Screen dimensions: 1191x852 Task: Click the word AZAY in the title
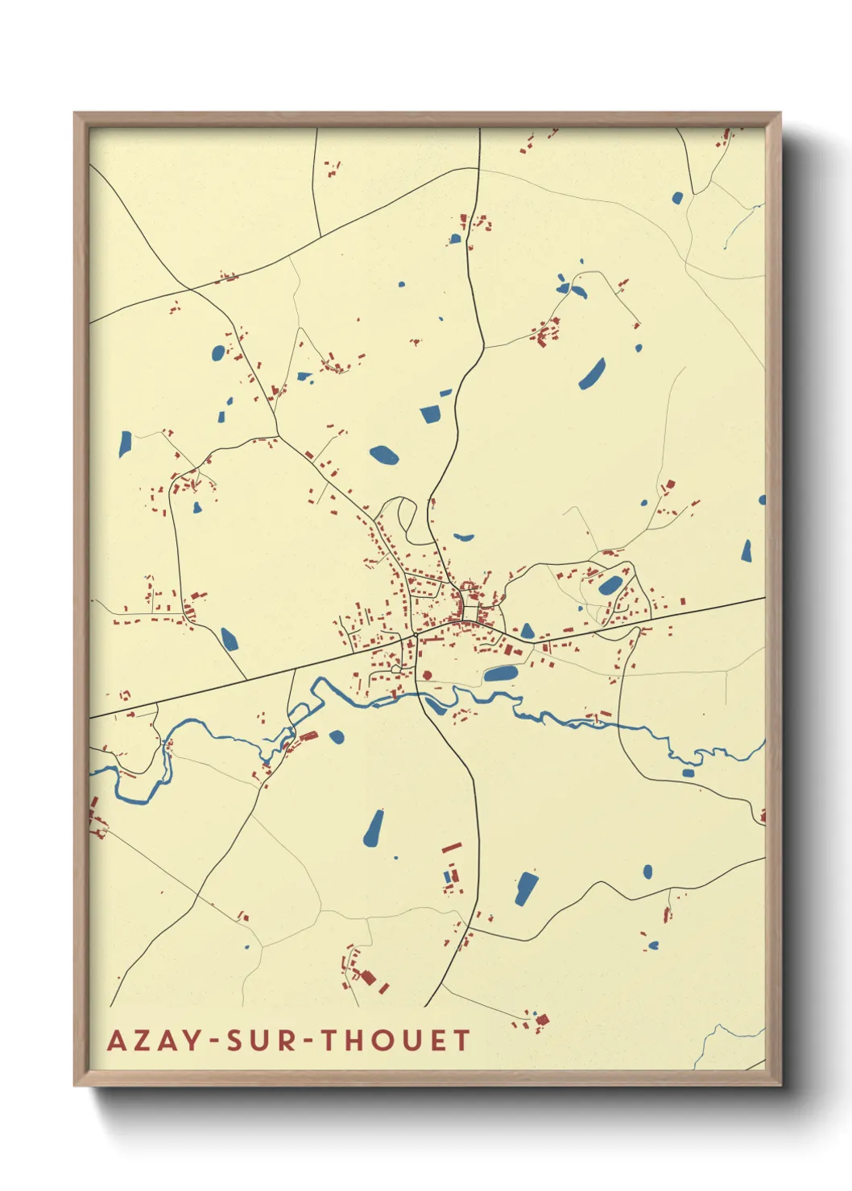(x=153, y=1041)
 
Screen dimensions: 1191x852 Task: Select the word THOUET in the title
(x=395, y=1041)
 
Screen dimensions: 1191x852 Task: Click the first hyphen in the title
(x=213, y=1042)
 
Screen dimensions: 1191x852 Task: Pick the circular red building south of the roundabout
(x=427, y=675)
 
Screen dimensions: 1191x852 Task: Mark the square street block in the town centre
(x=470, y=612)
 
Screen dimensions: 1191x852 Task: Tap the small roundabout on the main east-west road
(x=415, y=636)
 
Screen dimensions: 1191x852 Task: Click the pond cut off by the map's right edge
(x=762, y=500)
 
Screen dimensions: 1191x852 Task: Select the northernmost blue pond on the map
(x=677, y=197)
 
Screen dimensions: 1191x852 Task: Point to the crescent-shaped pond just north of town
(x=463, y=537)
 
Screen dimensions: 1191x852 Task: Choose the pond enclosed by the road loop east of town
(x=610, y=585)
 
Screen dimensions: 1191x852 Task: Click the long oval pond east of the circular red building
(x=500, y=674)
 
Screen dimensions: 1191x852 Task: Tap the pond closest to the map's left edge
(x=125, y=443)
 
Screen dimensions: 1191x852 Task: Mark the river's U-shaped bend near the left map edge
(x=145, y=793)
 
